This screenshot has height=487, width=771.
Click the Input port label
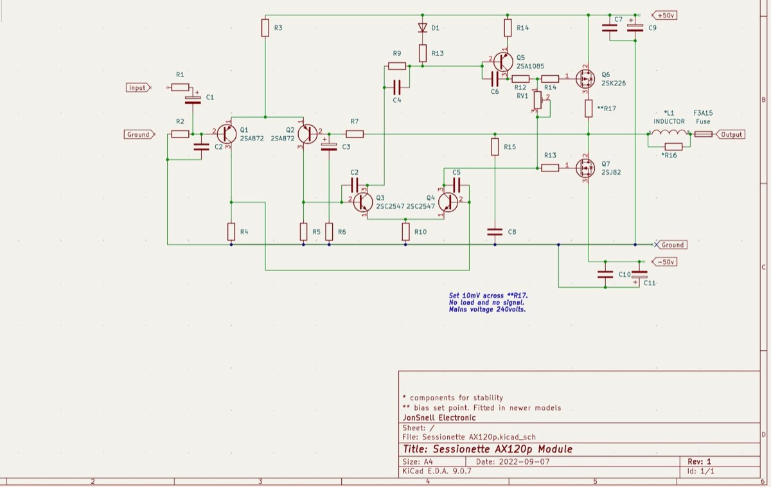tap(138, 88)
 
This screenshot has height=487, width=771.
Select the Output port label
tap(731, 134)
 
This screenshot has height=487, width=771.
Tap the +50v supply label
tap(665, 15)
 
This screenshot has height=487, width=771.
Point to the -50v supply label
tap(665, 262)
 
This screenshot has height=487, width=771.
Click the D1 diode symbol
tap(423, 28)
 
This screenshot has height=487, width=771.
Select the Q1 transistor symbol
tap(226, 134)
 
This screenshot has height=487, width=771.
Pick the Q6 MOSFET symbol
tap(585, 79)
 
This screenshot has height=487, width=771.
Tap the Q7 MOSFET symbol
tap(585, 168)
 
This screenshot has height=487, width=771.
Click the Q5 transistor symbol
tap(503, 62)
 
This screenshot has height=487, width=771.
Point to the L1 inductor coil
tap(669, 132)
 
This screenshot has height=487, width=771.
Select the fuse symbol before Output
tap(703, 134)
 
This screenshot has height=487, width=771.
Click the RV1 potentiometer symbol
tap(538, 100)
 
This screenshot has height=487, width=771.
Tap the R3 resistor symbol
tap(265, 28)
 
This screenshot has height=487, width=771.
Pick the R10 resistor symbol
tap(405, 232)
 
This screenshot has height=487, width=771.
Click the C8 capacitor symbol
tap(495, 232)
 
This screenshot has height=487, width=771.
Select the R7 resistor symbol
tap(355, 134)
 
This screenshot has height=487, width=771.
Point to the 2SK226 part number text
tap(614, 84)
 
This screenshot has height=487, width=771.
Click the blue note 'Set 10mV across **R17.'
tap(488, 296)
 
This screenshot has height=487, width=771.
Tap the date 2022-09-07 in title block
tap(524, 462)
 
